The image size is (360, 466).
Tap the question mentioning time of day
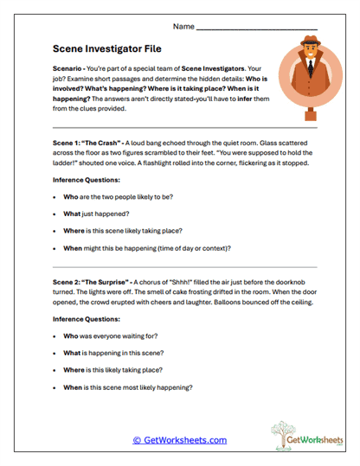pos(147,248)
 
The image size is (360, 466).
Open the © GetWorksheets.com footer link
pos(179,440)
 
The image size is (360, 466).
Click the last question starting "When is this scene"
pos(127,387)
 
